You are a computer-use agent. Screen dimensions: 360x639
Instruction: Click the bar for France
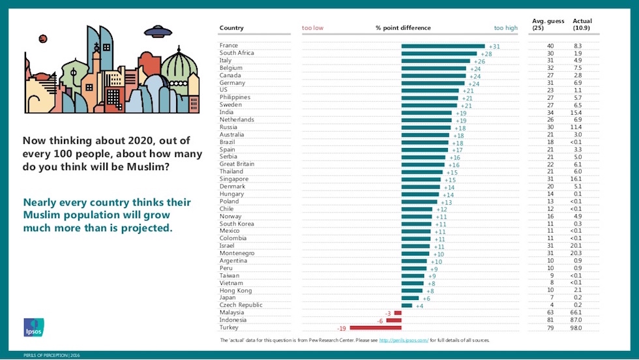pyautogui.click(x=443, y=46)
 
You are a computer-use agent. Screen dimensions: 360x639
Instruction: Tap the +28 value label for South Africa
pyautogui.click(x=486, y=53)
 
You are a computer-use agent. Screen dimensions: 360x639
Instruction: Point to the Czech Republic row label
pyautogui.click(x=241, y=305)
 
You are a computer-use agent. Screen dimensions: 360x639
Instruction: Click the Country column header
pyautogui.click(x=231, y=28)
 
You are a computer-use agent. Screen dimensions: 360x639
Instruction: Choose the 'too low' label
pyautogui.click(x=312, y=28)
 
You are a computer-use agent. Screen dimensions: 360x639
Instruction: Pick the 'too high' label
pyautogui.click(x=505, y=28)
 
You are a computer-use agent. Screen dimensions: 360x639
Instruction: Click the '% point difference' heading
pyautogui.click(x=403, y=28)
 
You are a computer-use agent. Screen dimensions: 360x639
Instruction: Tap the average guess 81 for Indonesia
pyautogui.click(x=550, y=320)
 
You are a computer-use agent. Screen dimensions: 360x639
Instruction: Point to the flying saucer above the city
pyautogui.click(x=158, y=30)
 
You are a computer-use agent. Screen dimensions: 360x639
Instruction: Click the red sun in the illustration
pyautogui.click(x=43, y=38)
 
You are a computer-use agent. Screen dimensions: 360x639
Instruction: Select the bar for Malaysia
pyautogui.click(x=398, y=312)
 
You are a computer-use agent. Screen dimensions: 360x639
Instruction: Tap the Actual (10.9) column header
pyautogui.click(x=582, y=25)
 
